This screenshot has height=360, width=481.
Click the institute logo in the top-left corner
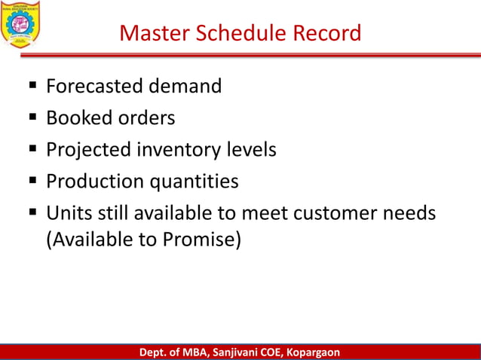[22, 23]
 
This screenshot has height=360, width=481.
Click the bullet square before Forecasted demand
[33, 87]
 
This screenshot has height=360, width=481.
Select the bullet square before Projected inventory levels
[33, 150]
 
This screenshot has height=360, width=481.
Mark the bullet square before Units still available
[33, 213]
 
